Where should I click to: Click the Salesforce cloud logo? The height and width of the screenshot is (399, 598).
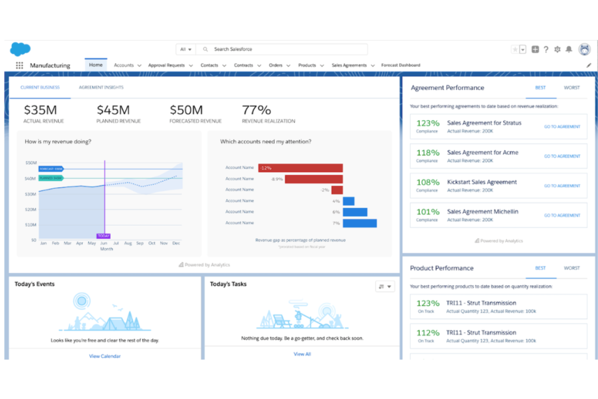[20, 49]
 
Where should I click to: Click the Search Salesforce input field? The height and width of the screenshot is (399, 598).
[283, 49]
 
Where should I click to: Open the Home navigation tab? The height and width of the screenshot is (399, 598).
[96, 65]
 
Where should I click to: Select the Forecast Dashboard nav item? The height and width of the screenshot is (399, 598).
[400, 65]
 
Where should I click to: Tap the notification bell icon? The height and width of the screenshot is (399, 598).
[569, 49]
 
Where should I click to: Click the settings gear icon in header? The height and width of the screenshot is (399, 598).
[557, 49]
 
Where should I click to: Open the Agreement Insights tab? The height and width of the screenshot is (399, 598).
[101, 87]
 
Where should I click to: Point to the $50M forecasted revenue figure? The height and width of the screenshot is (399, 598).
[186, 110]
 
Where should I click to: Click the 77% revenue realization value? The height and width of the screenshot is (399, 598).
[256, 110]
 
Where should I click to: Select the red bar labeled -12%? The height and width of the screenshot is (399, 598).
[301, 168]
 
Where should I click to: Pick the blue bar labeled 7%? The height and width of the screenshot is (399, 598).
[360, 223]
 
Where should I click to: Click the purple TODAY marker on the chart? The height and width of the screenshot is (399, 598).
[103, 236]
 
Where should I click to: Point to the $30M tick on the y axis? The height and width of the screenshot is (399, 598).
[31, 194]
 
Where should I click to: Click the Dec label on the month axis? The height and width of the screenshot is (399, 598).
[176, 243]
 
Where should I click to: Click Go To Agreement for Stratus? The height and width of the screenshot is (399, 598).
[562, 127]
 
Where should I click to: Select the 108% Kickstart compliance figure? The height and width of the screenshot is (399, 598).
[428, 182]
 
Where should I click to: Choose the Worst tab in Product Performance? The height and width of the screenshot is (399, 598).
[571, 268]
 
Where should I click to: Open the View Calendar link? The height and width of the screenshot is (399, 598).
[105, 356]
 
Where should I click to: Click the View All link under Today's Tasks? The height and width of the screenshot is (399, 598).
[302, 354]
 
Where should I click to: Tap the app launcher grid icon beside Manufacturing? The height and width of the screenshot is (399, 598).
[19, 65]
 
